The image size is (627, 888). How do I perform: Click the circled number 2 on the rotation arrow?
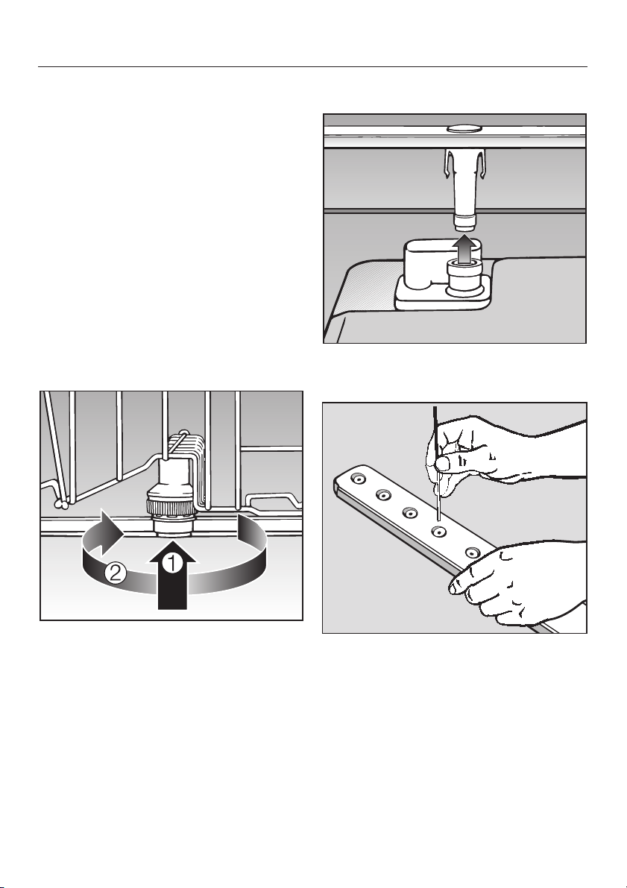[114, 574]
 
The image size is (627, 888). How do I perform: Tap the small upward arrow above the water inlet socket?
[464, 249]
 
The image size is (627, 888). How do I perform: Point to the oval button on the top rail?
[464, 129]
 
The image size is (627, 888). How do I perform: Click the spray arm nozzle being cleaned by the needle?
[437, 531]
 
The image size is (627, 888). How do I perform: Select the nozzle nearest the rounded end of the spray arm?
[358, 479]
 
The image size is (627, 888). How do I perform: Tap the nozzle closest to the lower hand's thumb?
[470, 552]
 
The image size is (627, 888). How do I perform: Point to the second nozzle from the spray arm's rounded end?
[383, 496]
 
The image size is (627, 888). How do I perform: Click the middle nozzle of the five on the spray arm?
[409, 512]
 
